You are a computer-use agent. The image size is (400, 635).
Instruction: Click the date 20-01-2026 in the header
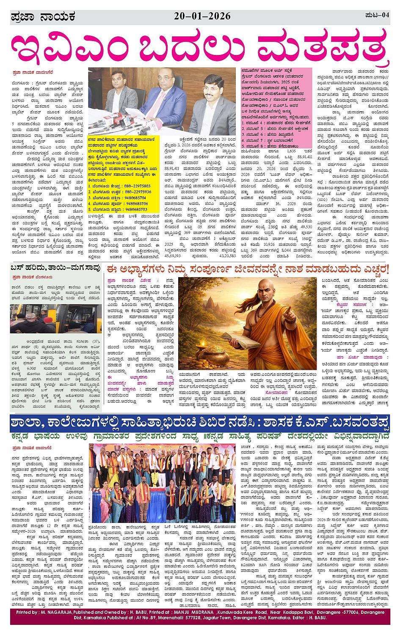pyautogui.click(x=202, y=16)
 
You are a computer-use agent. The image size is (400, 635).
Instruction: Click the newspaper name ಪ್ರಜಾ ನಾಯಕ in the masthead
pyautogui.click(x=43, y=16)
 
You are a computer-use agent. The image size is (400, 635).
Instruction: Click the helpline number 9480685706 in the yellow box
pyautogui.click(x=136, y=203)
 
